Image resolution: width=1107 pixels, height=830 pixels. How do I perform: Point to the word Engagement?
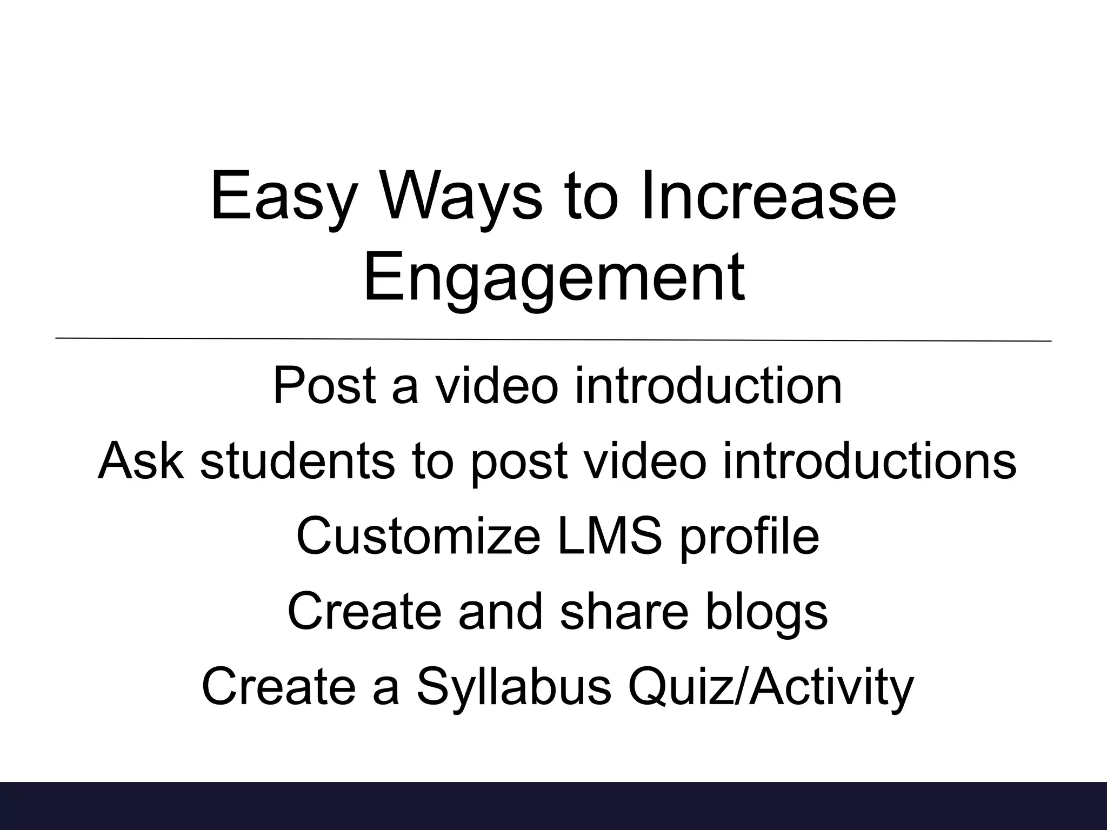[x=554, y=279]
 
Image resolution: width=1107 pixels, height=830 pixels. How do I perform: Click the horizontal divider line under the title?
[x=553, y=339]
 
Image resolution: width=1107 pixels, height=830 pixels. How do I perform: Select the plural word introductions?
[x=869, y=461]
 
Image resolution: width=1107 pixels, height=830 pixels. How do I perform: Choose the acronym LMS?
[x=610, y=536]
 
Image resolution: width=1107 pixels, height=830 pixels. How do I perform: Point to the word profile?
[x=750, y=536]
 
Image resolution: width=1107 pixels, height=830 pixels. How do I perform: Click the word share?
[x=624, y=611]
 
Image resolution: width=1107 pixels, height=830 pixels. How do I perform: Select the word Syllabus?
[x=514, y=687]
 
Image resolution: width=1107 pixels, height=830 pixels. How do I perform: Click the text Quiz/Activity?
[x=770, y=687]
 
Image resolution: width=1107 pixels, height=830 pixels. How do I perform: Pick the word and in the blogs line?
[x=501, y=611]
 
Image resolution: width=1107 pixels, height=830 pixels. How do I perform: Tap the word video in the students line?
[x=642, y=461]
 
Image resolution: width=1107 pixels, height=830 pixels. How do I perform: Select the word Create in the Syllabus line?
[x=279, y=687]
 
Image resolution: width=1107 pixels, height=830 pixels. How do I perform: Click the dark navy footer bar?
[x=553, y=806]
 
